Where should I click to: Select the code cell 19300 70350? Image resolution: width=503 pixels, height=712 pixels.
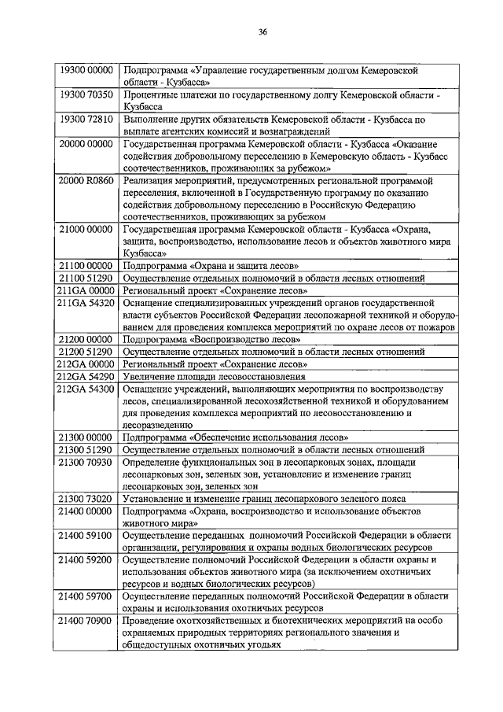(87, 94)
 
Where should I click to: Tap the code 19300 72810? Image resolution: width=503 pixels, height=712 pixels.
(87, 120)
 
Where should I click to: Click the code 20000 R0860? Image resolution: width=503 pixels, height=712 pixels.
(87, 180)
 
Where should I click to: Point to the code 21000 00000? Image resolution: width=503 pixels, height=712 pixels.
(87, 229)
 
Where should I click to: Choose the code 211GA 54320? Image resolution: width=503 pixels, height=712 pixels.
(87, 302)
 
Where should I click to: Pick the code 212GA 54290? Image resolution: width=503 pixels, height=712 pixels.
(87, 376)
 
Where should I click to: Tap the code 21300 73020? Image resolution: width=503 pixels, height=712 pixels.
(87, 499)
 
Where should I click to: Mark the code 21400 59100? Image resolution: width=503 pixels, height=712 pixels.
(87, 535)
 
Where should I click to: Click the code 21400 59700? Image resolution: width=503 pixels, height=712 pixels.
(87, 596)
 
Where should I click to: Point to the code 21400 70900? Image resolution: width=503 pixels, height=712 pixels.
(87, 621)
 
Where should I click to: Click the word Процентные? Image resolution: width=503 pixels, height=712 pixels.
(151, 94)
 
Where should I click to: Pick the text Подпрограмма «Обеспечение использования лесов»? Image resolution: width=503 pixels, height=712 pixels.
(236, 437)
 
